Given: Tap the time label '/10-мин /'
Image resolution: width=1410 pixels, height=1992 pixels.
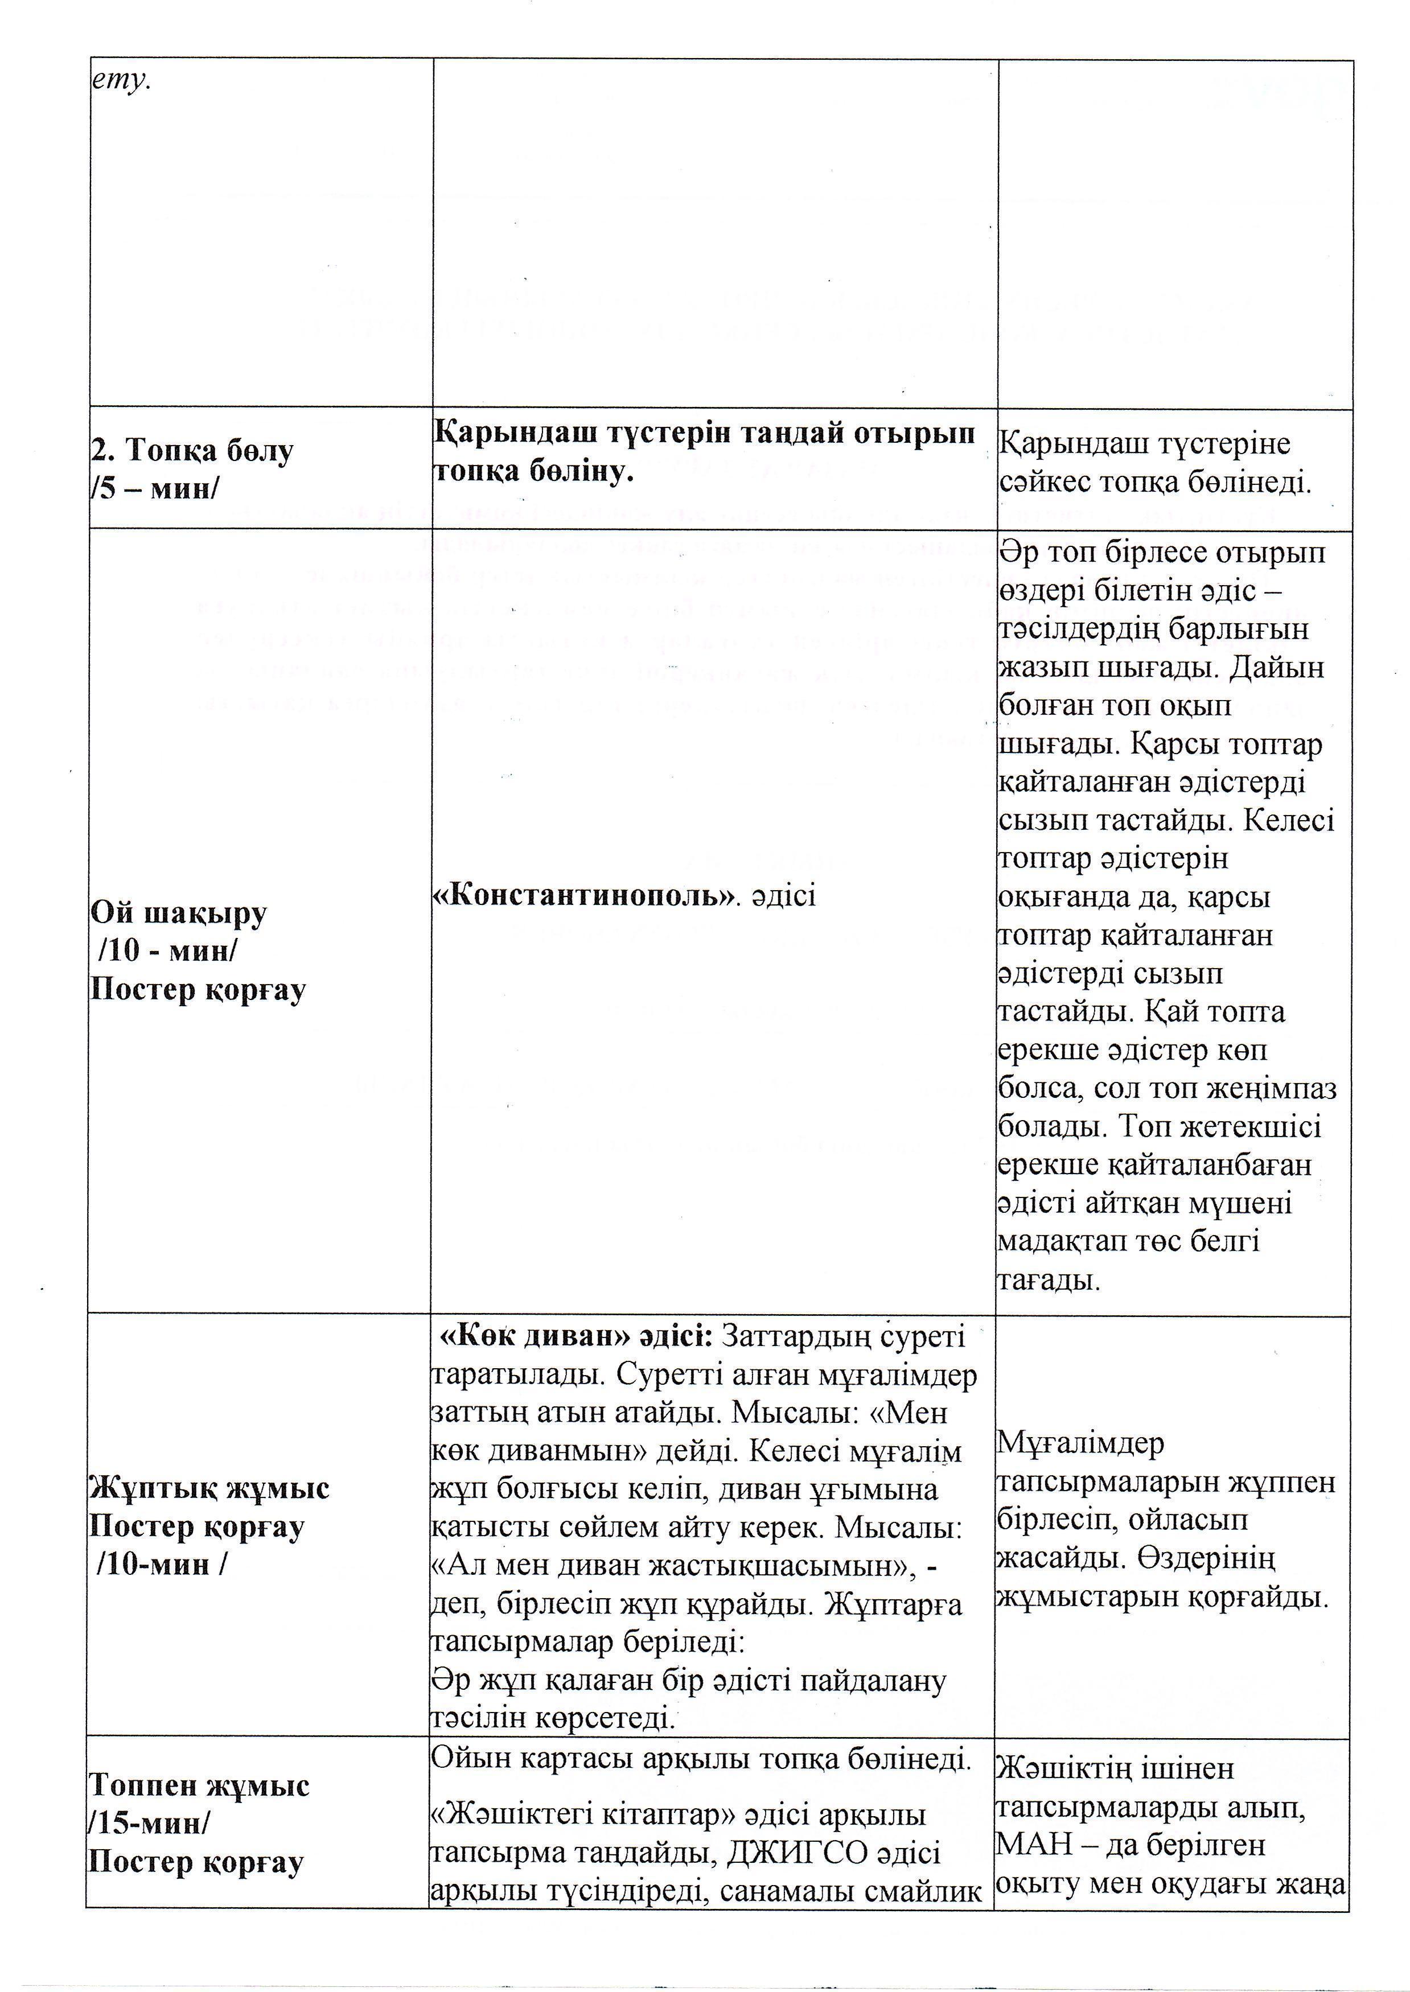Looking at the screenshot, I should pyautogui.click(x=162, y=1588).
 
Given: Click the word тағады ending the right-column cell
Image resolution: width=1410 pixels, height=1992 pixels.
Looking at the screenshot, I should pyautogui.click(x=1049, y=1279).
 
